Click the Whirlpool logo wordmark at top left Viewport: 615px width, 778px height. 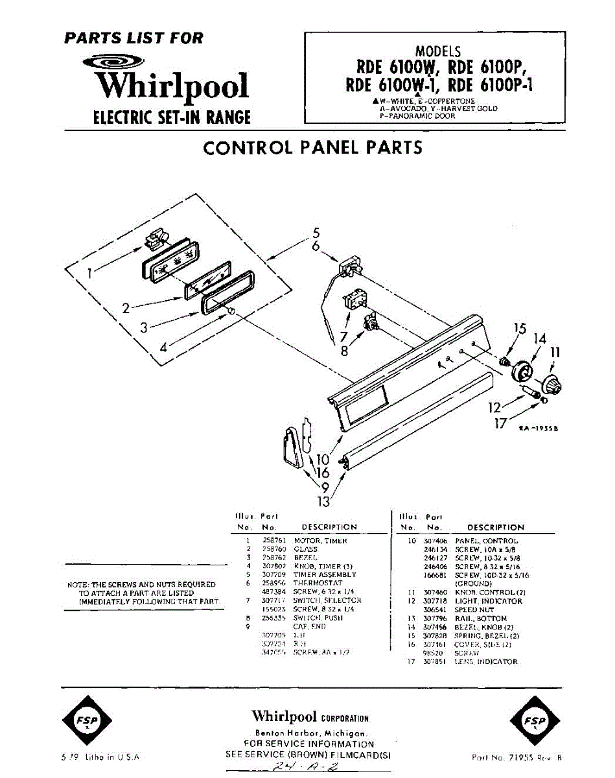coord(172,86)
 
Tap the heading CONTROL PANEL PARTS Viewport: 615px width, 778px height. coord(312,148)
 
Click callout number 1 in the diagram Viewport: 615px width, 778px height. coord(89,272)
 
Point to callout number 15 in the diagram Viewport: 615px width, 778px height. coord(520,329)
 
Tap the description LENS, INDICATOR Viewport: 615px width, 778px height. coord(486,662)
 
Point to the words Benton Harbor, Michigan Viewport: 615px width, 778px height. coord(310,732)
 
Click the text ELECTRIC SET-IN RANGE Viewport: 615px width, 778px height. coord(172,118)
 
